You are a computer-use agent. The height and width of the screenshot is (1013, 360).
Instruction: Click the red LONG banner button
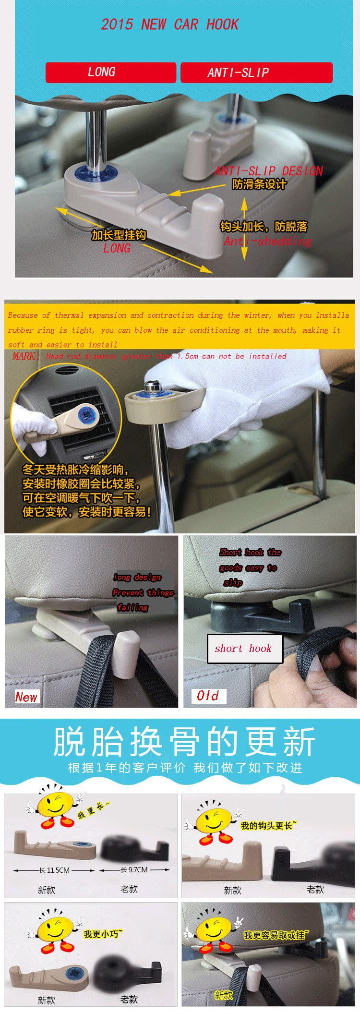click(110, 72)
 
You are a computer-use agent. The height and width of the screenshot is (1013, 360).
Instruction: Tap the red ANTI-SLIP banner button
click(256, 72)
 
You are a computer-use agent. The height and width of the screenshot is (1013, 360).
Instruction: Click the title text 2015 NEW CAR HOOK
click(169, 24)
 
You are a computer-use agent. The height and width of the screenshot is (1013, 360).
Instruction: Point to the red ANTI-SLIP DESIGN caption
click(268, 171)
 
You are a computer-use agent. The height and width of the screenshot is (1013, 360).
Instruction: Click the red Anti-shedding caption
click(267, 241)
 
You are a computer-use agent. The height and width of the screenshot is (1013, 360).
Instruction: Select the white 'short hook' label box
click(245, 649)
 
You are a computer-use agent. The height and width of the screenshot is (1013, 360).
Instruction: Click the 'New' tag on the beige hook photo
click(26, 697)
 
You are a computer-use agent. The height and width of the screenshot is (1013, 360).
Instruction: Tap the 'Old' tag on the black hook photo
click(208, 696)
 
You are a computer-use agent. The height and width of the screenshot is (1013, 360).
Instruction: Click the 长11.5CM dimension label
click(54, 870)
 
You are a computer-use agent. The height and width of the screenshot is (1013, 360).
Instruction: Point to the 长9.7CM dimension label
click(134, 869)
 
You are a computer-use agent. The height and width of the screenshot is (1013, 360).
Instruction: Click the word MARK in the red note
click(23, 356)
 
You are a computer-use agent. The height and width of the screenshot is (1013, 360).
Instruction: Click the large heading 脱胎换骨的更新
click(184, 742)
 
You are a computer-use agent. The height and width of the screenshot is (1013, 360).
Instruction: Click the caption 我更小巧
click(103, 934)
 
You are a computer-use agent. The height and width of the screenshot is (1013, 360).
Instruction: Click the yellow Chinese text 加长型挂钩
click(119, 235)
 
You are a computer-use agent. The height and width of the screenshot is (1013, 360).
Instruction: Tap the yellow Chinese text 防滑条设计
click(259, 184)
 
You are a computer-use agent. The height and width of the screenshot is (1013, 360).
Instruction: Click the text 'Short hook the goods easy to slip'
click(250, 567)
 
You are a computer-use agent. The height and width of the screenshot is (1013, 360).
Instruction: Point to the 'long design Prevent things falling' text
click(143, 592)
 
